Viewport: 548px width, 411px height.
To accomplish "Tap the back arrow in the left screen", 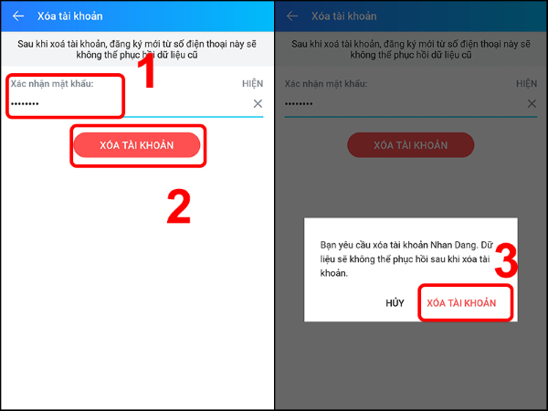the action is (x=18, y=16).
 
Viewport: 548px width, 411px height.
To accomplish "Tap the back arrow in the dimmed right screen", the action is (x=292, y=16).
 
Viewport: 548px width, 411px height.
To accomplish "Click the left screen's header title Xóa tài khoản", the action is (x=70, y=16).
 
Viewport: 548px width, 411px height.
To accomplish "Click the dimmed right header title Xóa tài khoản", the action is (x=344, y=16).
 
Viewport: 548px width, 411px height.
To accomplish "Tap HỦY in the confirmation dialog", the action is (x=395, y=302).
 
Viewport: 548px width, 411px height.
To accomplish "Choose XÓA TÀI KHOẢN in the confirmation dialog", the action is (x=461, y=302).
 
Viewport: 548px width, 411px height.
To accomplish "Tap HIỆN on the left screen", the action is (x=252, y=83).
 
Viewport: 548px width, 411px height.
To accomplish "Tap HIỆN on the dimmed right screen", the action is (x=526, y=83).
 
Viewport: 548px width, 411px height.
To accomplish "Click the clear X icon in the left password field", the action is (x=258, y=103).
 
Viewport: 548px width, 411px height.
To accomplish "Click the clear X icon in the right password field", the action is (x=532, y=103).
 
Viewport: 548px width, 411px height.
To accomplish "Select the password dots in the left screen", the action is (x=25, y=103).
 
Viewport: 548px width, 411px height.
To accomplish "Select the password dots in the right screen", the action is (x=299, y=103).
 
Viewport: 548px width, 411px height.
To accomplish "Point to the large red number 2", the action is (x=179, y=206).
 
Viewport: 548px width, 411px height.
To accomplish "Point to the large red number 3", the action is (x=506, y=260).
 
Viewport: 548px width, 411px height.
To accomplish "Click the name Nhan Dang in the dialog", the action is (x=453, y=245).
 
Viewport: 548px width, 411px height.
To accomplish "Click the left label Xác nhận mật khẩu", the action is (x=52, y=84).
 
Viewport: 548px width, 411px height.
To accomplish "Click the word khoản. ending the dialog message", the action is (x=333, y=273).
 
